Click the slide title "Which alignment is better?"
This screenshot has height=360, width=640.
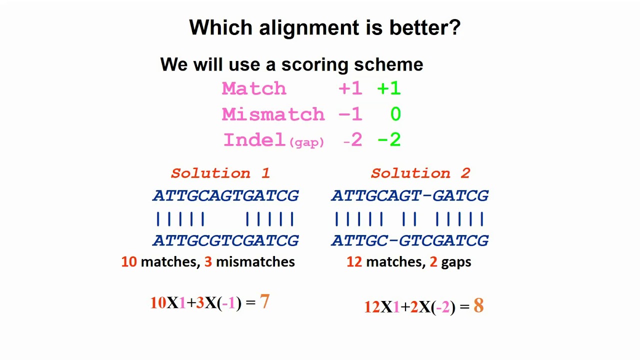(324, 27)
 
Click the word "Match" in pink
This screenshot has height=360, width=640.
(254, 89)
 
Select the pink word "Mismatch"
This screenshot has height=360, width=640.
(273, 114)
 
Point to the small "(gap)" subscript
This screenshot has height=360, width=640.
(306, 142)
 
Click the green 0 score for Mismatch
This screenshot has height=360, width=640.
(395, 114)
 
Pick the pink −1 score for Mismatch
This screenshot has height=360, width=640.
(350, 114)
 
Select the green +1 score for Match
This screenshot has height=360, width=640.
(389, 89)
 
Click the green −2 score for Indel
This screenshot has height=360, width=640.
(389, 140)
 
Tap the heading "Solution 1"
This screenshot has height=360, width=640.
(220, 173)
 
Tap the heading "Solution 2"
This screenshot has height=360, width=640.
(420, 173)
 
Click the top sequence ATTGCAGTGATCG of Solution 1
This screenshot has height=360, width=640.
(225, 195)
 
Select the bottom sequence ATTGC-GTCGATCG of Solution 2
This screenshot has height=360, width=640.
(409, 240)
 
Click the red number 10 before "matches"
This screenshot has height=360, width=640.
(128, 261)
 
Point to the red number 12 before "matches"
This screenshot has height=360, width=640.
(354, 261)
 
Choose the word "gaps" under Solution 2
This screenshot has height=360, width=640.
(456, 262)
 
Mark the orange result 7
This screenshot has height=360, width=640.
(264, 301)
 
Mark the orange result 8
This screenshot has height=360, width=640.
(478, 305)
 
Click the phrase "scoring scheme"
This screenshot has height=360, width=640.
(352, 64)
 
